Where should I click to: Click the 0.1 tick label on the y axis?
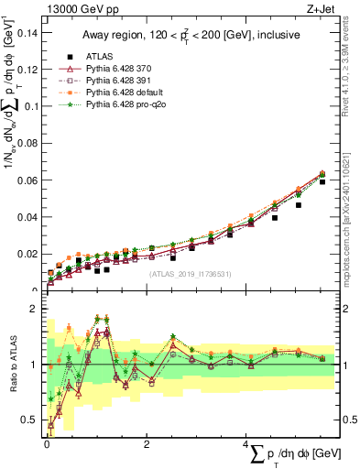pos(33,106)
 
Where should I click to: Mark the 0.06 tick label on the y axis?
pos(30,180)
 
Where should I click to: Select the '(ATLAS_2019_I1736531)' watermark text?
pos(188,273)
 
